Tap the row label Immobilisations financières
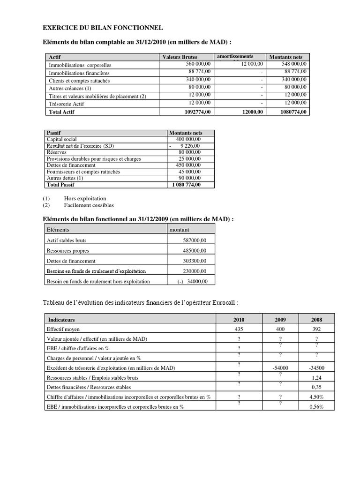click(79, 73)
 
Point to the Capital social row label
click(62, 140)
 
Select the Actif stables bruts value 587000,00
click(194, 240)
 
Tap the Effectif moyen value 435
click(239, 330)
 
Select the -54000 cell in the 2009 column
click(280, 368)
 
